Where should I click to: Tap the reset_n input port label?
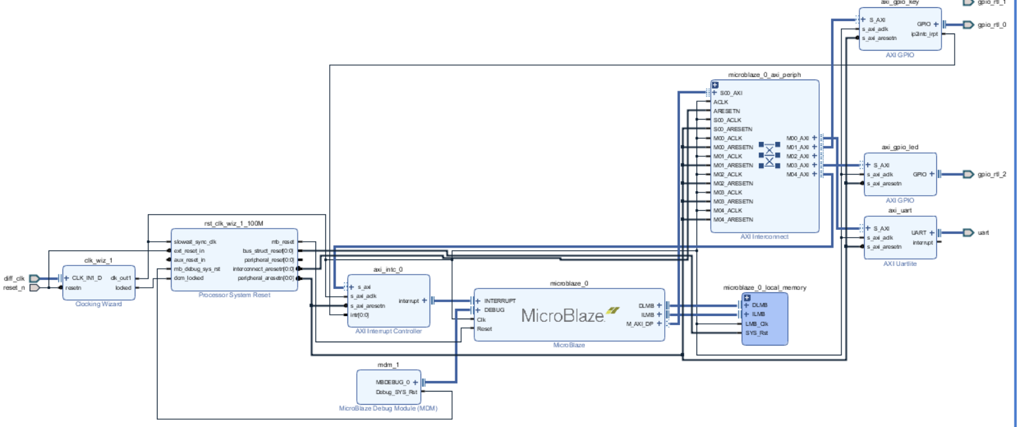tap(14, 288)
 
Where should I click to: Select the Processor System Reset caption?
tap(234, 295)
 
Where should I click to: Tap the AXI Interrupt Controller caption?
tap(388, 331)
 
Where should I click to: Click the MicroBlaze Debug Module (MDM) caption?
tap(387, 408)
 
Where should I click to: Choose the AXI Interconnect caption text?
tap(764, 236)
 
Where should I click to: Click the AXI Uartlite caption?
tap(900, 263)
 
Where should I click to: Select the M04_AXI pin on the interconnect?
tap(798, 174)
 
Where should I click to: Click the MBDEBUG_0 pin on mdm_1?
tap(393, 382)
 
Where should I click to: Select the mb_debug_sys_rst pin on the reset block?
tap(197, 269)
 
